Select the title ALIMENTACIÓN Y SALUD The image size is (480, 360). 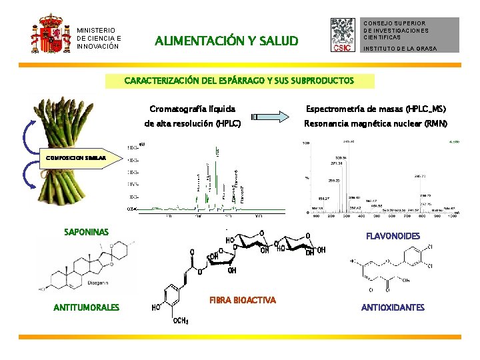click(227, 41)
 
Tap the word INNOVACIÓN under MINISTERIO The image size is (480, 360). click(99, 46)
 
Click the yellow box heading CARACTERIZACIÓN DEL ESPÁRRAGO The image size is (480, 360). click(239, 81)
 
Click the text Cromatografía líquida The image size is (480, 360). click(192, 109)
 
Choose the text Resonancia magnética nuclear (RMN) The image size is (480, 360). click(375, 124)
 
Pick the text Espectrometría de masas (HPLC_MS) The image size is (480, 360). click(375, 109)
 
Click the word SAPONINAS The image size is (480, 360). click(86, 232)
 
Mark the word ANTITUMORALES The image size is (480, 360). click(87, 307)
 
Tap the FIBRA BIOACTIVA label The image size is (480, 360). click(243, 300)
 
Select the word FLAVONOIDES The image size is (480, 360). click(393, 236)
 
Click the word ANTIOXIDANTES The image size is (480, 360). click(393, 307)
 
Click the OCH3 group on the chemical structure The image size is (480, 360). click(181, 321)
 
